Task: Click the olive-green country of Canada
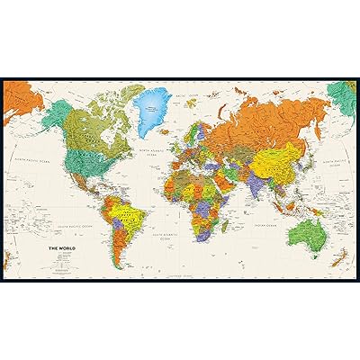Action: [x=85, y=126]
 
